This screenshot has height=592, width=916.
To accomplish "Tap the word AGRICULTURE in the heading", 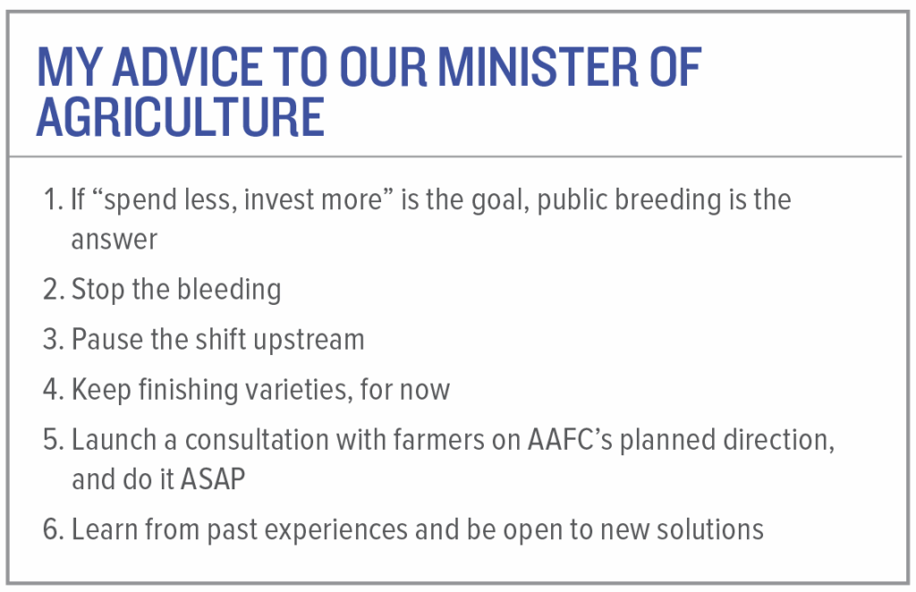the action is tap(181, 117).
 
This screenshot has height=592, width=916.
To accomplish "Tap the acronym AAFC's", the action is tap(570, 440).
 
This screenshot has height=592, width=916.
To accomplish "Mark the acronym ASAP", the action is tap(213, 479).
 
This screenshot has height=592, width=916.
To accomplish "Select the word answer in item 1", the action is tap(114, 241).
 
